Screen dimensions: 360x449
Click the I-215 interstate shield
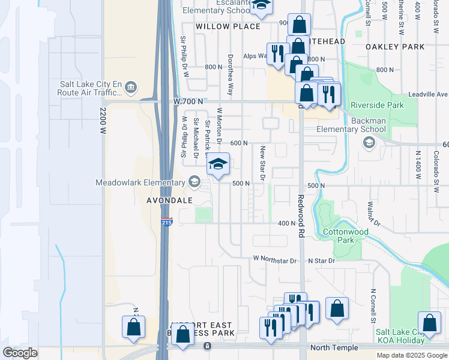[167, 222]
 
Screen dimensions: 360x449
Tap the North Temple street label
[334, 348]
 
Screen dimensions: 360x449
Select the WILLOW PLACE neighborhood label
[228, 26]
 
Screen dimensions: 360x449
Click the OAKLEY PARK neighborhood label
[396, 47]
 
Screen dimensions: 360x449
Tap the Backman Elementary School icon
[369, 143]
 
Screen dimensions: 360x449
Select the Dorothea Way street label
[230, 75]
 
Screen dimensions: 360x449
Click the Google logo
[20, 353]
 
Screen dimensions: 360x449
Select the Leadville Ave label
[428, 94]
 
